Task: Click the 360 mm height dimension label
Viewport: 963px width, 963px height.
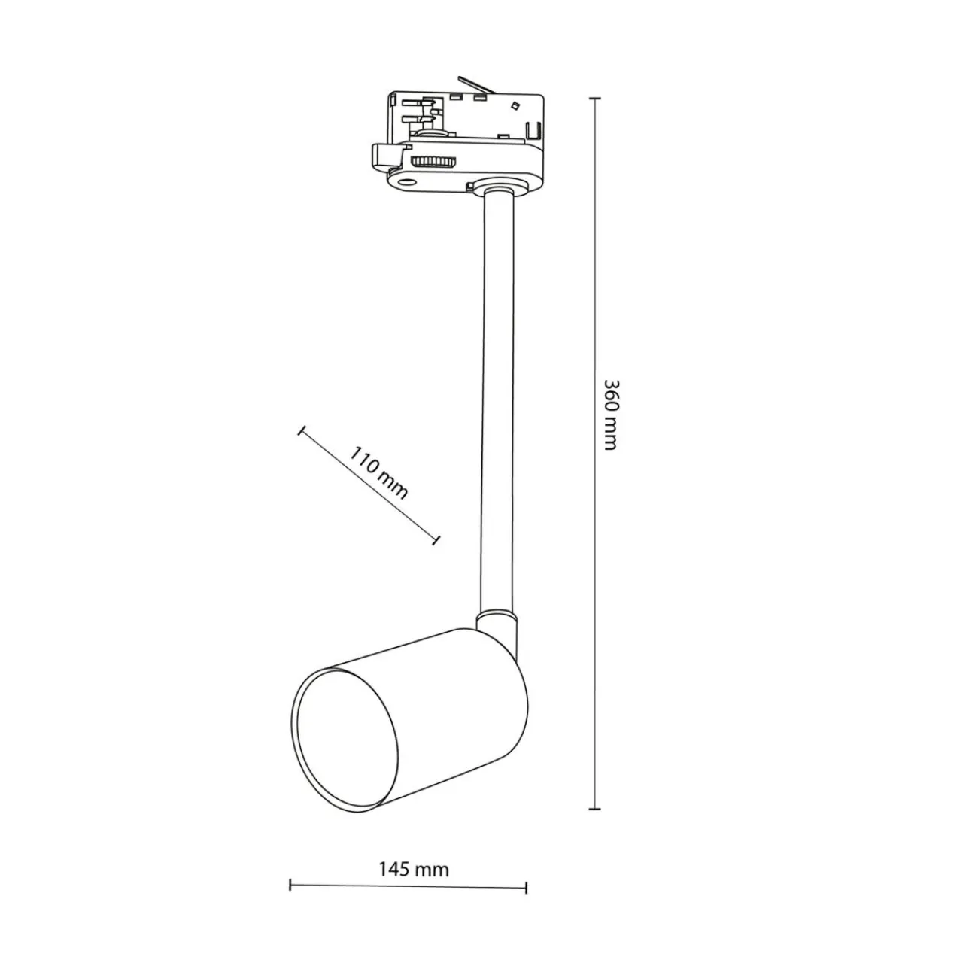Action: pyautogui.click(x=611, y=415)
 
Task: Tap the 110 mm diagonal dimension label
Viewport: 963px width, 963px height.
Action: pyautogui.click(x=378, y=472)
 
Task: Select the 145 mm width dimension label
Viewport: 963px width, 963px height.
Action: pyautogui.click(x=414, y=870)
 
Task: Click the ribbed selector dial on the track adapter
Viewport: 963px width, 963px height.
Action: pyautogui.click(x=434, y=162)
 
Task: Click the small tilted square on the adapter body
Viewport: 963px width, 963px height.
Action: pyautogui.click(x=513, y=105)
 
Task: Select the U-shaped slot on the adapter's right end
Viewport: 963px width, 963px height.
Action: pyautogui.click(x=533, y=131)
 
